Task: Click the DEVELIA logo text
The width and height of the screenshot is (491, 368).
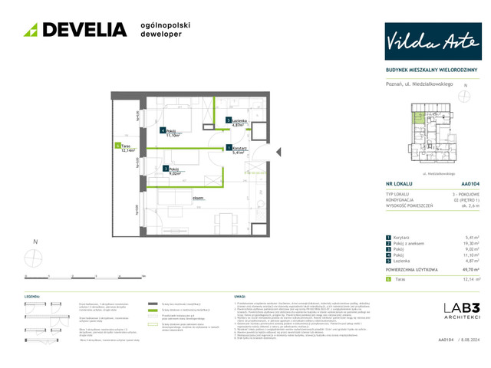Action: click(x=84, y=30)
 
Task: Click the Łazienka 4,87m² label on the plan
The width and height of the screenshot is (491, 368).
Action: click(x=239, y=123)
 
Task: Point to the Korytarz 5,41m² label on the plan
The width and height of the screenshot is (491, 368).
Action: click(x=238, y=150)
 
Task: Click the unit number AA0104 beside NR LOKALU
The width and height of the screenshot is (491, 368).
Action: click(x=470, y=184)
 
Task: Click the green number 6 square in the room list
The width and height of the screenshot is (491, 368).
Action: click(x=388, y=280)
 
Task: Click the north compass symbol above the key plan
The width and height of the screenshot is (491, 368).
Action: click(x=463, y=97)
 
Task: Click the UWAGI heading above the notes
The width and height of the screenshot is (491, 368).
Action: click(x=238, y=295)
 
